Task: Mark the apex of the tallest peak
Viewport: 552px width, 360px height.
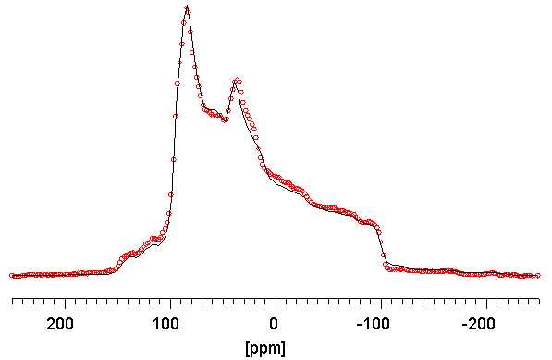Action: (x=187, y=8)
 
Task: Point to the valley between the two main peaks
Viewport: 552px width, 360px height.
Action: (x=222, y=118)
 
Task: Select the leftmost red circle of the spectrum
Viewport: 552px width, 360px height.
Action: (x=12, y=276)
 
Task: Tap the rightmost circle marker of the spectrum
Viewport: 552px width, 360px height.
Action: (x=537, y=276)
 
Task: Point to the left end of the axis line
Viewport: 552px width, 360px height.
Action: (x=11, y=300)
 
